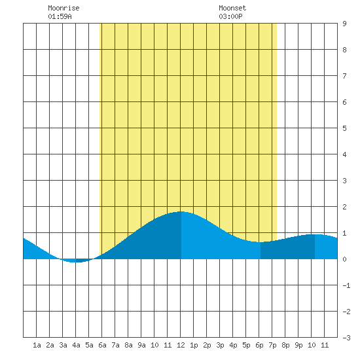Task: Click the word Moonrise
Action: tap(63, 8)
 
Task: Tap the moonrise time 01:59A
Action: tap(60, 16)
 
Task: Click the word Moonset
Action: tap(232, 8)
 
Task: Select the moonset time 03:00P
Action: tap(230, 16)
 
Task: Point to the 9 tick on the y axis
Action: tap(344, 24)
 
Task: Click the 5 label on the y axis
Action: tap(344, 128)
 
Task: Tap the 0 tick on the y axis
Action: tap(344, 259)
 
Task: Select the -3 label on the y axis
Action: tap(346, 338)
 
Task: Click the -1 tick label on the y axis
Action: tap(346, 285)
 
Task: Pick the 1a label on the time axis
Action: tap(37, 345)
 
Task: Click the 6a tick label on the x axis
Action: tap(102, 345)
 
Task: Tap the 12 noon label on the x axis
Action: tap(181, 345)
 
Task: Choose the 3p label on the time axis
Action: tap(220, 345)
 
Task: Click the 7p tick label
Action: tap(272, 345)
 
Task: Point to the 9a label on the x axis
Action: tap(141, 345)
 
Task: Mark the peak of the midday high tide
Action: tap(181, 211)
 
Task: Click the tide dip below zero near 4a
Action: tap(74, 262)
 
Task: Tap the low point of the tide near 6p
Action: tap(260, 242)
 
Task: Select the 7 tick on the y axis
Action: tap(344, 76)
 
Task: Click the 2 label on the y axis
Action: tap(344, 207)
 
